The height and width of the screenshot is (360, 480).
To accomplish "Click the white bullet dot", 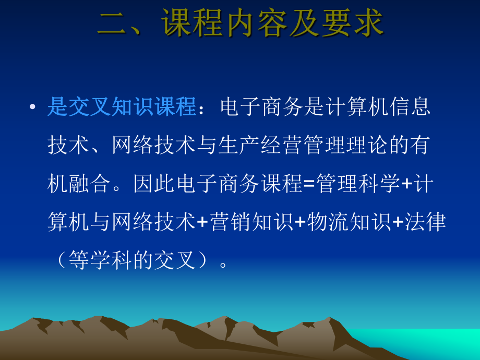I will (x=33, y=107).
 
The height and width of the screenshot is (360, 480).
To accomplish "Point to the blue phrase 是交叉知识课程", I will (x=122, y=107).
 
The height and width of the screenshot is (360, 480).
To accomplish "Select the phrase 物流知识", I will (x=349, y=222).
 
